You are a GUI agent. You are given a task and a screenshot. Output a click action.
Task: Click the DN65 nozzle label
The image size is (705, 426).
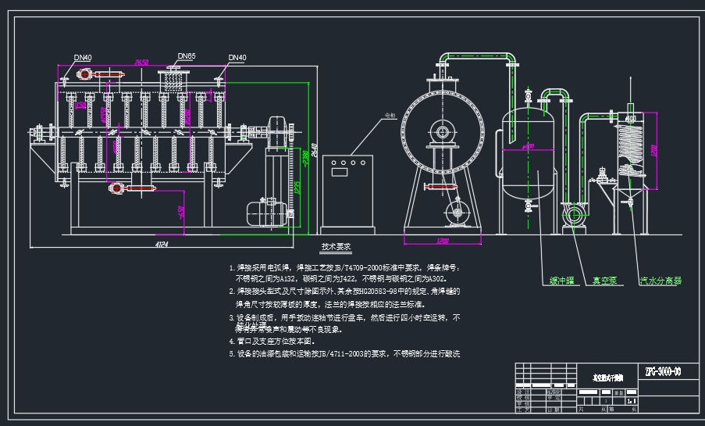coord(186,56)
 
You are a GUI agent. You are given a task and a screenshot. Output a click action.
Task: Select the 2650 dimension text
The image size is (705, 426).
coord(141,63)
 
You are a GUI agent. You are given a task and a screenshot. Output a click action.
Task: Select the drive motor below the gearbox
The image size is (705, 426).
coord(258,212)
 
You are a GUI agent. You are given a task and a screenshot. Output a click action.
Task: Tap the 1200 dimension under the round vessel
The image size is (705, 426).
coord(442,240)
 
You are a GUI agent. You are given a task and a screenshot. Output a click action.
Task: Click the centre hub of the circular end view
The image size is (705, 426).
coord(442,132)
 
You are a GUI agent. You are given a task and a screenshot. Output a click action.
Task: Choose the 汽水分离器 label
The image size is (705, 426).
coord(660,280)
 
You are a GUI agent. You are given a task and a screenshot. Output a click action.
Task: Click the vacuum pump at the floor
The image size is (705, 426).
coord(574,216)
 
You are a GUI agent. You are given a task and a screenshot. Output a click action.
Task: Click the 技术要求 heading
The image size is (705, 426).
coord(336,247)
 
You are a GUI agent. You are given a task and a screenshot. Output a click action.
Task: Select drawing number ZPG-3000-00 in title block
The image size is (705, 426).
coord(663,371)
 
